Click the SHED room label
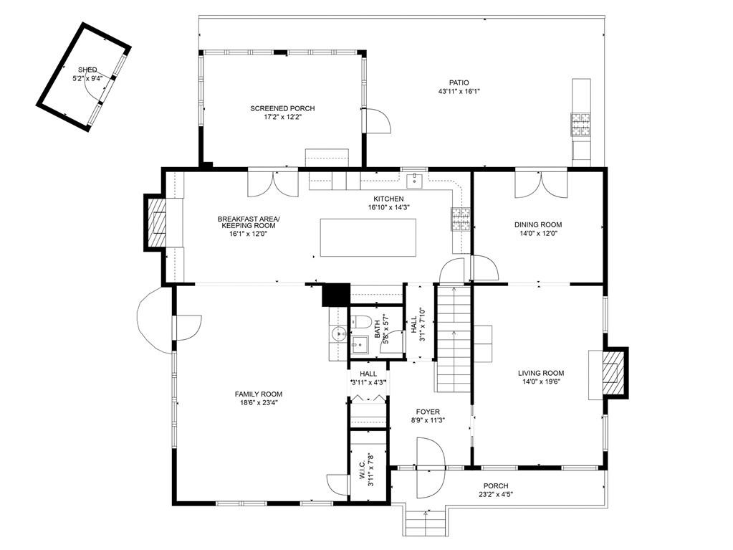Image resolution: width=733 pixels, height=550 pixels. click(87, 70)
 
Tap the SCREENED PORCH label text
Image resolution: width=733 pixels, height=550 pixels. click(282, 108)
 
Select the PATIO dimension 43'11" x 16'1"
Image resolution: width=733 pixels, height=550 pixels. click(459, 92)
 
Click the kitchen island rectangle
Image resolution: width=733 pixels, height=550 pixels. click(368, 237)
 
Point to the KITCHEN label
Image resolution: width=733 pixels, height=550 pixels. click(388, 199)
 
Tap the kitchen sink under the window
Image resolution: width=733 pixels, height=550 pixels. click(414, 179)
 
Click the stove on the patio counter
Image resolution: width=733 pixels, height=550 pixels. click(580, 124)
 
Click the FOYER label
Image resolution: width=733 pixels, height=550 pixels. click(427, 412)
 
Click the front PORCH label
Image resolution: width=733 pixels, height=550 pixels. click(495, 485)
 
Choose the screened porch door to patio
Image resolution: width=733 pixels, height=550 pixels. click(378, 121)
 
